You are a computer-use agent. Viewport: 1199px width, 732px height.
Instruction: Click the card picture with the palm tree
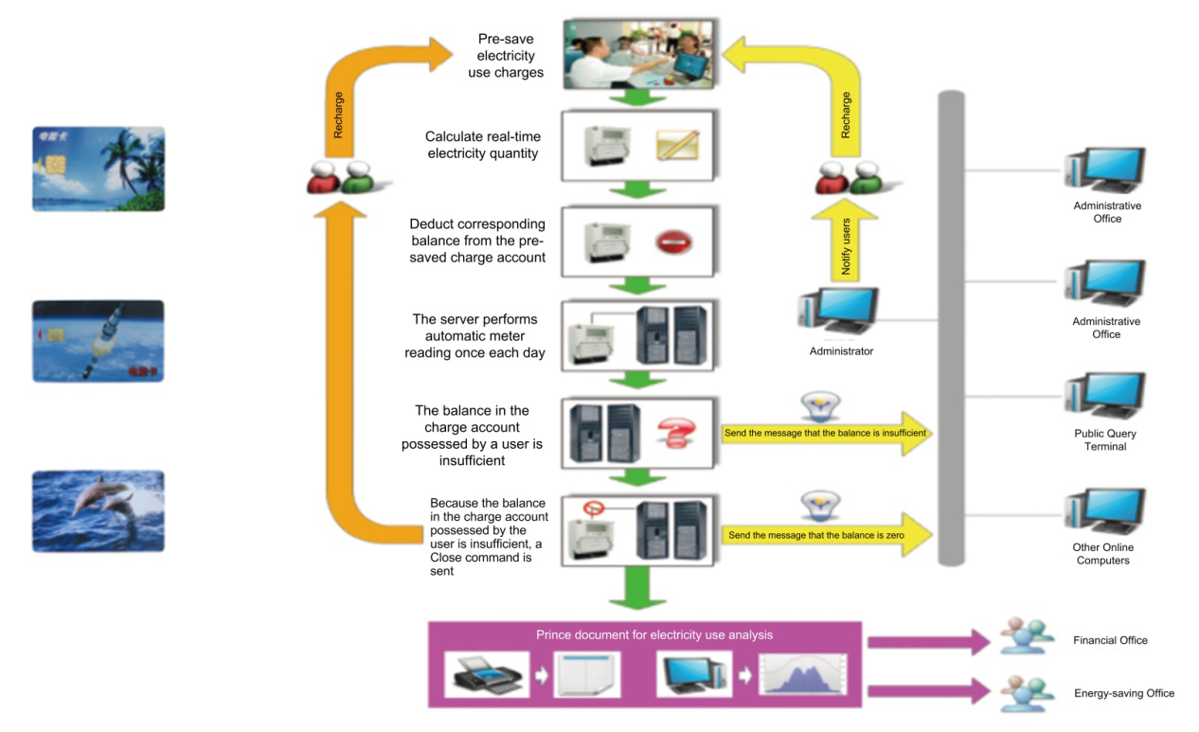pos(98,169)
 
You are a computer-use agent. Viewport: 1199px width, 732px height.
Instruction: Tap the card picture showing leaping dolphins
pos(98,511)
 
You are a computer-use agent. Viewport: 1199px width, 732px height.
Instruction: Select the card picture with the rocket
pos(98,341)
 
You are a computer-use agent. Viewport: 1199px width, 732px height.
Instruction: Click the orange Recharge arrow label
pos(339,115)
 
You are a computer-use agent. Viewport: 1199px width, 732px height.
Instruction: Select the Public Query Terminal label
pos(1105,439)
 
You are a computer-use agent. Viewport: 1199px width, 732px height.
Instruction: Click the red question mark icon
pos(675,432)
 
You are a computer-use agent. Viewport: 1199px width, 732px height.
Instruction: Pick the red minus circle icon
pos(673,242)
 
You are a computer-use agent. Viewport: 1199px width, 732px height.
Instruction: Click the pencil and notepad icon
pos(677,146)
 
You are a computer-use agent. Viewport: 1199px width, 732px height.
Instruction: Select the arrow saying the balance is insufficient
pos(824,433)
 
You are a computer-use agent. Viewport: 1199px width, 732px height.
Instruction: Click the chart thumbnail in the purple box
pos(804,674)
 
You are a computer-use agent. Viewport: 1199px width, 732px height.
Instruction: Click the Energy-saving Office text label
pos(1123,693)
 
